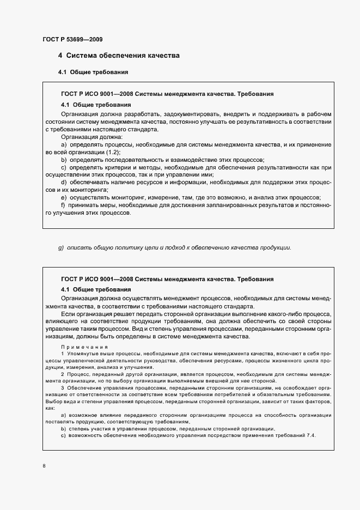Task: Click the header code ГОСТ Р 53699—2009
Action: point(72,39)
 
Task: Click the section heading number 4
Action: point(60,56)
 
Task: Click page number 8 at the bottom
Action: point(44,466)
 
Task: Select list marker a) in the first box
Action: point(64,144)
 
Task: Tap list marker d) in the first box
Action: point(64,182)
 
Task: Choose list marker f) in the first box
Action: point(63,205)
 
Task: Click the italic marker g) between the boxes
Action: point(62,248)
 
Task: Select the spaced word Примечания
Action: point(84,347)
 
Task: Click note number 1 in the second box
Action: point(63,354)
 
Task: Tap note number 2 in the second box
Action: point(63,374)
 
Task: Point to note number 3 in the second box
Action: point(63,387)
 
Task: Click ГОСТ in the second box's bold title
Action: point(70,279)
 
